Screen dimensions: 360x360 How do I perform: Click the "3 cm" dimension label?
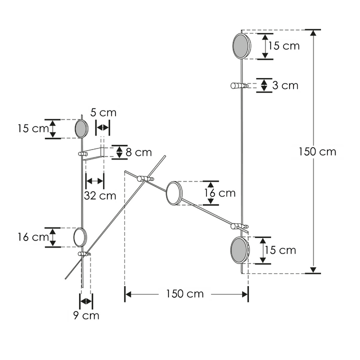(285, 85)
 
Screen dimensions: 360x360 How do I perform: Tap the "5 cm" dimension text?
(104, 112)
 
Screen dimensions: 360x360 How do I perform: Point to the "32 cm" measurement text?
(100, 195)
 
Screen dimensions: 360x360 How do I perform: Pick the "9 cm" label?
(86, 315)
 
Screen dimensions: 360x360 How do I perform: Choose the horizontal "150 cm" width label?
(185, 294)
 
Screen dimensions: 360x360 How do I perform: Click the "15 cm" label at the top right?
(283, 46)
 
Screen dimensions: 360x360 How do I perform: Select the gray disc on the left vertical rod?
(80, 129)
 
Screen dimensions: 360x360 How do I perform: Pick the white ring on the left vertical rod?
(80, 237)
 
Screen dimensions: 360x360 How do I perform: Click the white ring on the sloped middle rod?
(173, 193)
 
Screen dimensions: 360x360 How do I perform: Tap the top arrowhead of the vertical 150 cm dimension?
(313, 33)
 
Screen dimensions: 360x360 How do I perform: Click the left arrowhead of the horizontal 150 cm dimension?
(127, 294)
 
